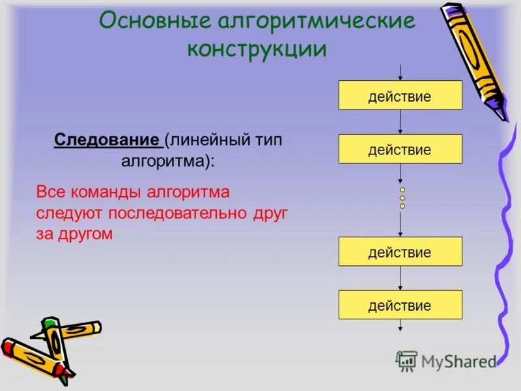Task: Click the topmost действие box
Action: [x=400, y=96]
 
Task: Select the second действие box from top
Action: [x=400, y=149]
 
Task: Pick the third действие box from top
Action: [x=400, y=252]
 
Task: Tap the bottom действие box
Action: [x=400, y=304]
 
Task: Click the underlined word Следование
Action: [x=107, y=140]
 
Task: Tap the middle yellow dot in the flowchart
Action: [x=402, y=197]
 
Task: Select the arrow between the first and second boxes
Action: [x=400, y=123]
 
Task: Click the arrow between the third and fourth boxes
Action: [x=400, y=278]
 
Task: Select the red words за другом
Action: [x=75, y=234]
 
